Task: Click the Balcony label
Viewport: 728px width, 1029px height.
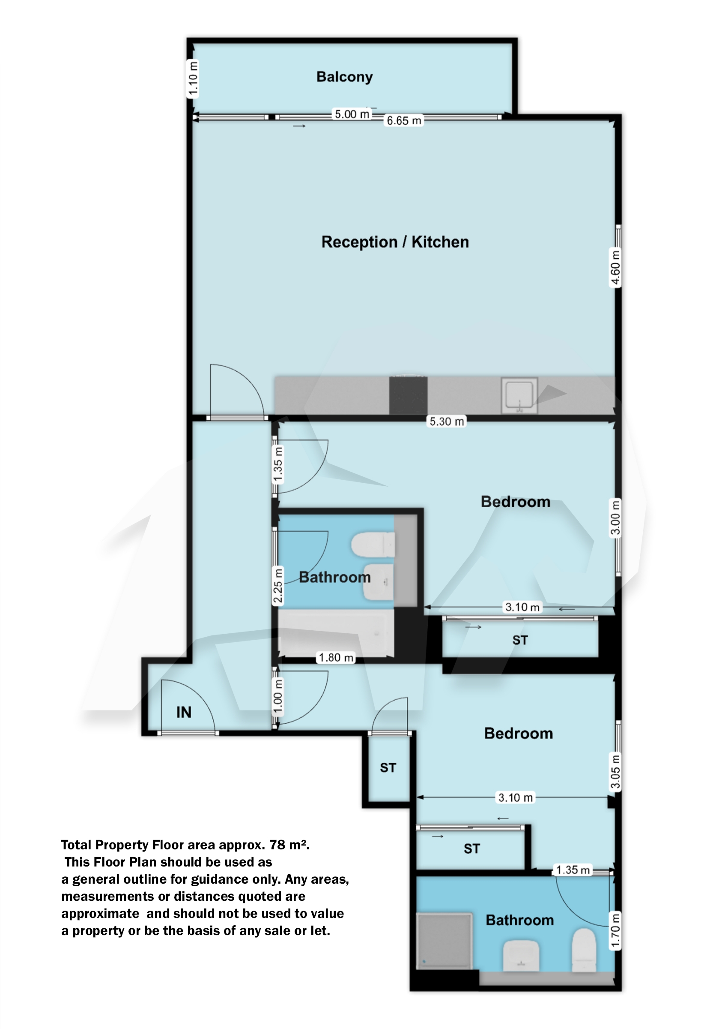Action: point(344,77)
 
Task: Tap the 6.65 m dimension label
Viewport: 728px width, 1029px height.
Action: point(403,121)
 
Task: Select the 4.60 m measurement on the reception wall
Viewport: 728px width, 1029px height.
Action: point(615,268)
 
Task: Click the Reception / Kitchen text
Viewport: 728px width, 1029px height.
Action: point(395,242)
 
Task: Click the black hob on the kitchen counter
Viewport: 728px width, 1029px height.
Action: point(408,395)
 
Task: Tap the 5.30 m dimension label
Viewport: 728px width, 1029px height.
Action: point(447,421)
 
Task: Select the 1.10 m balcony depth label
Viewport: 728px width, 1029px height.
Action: point(193,79)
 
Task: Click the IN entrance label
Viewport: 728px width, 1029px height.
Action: point(184,712)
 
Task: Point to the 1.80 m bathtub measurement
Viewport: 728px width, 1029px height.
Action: point(336,658)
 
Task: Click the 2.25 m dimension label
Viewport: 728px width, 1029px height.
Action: point(278,586)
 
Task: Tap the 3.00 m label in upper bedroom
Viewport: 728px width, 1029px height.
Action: point(615,518)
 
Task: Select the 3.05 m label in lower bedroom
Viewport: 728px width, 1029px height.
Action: point(615,771)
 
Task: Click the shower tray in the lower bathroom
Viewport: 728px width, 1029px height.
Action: point(444,941)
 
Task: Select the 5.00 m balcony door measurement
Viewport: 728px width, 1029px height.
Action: point(352,114)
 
